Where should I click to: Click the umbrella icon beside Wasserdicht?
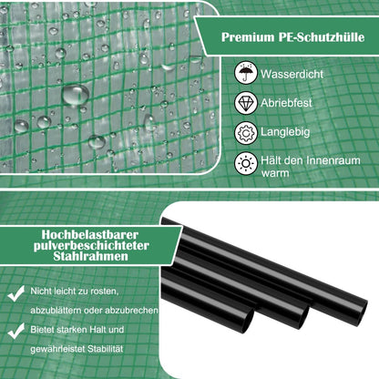[246, 73]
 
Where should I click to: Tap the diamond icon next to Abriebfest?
[246, 103]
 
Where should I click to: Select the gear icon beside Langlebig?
[246, 132]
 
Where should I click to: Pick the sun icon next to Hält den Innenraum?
[246, 164]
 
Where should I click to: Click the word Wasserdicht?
[292, 74]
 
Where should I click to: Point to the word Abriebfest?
[286, 103]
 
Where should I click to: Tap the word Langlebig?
[285, 132]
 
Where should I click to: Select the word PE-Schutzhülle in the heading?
[322, 37]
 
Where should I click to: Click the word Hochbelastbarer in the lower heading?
[90, 234]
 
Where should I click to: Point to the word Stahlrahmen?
[90, 256]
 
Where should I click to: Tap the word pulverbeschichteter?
[91, 245]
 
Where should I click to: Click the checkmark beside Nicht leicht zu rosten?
[16, 293]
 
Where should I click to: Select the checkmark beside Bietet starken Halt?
[16, 331]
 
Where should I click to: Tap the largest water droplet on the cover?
[76, 95]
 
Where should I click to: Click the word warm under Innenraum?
[275, 173]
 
